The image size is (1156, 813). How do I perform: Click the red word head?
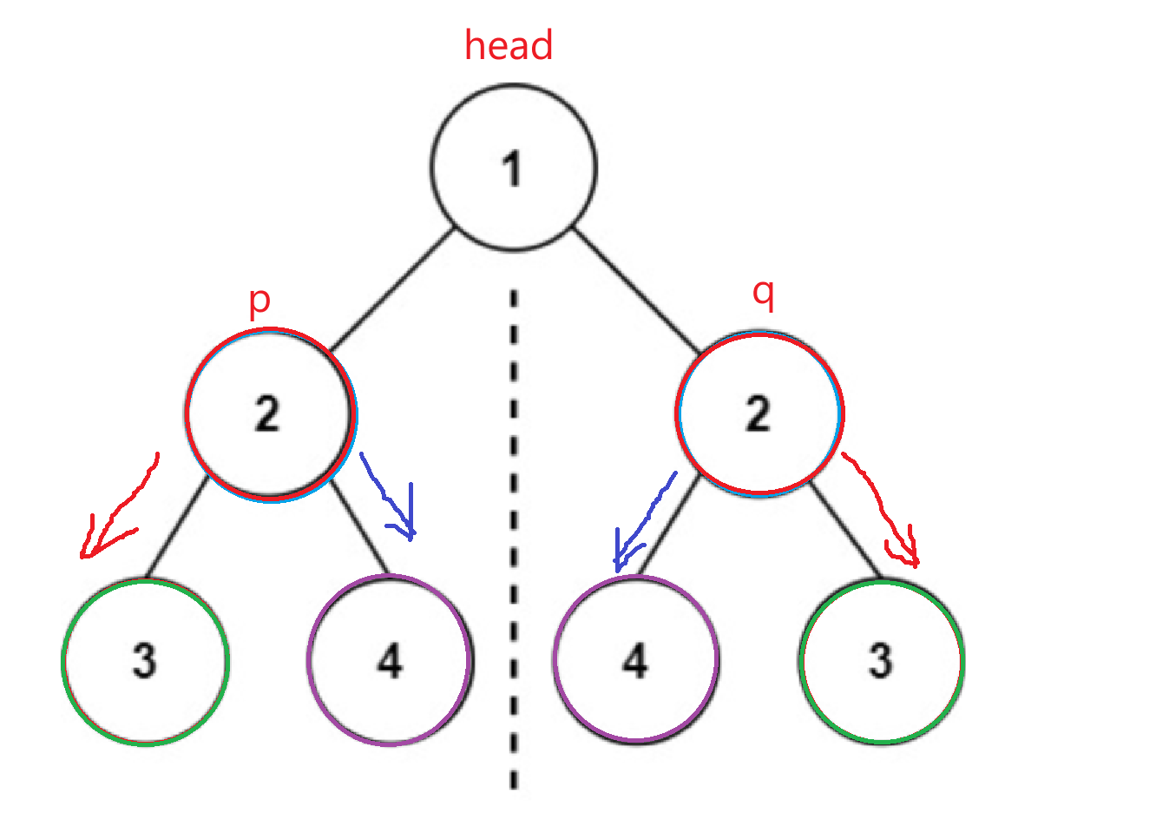509,45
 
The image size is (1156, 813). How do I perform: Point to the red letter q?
763,294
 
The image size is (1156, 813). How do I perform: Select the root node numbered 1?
514,168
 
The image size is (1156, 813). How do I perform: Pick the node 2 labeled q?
759,413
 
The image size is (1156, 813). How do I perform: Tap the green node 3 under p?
145,660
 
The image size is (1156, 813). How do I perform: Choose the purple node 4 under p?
390,660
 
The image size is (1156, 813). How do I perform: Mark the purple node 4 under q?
635,660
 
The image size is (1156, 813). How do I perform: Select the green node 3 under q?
881,660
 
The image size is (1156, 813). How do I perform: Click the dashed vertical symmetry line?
514,539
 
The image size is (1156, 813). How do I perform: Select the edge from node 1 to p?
391,290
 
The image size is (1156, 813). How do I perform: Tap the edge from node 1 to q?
638,290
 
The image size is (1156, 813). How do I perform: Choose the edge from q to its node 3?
847,530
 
